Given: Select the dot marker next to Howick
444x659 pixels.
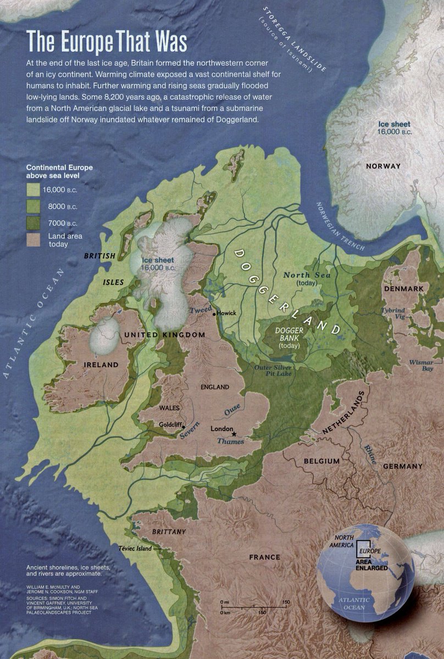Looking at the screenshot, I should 215,313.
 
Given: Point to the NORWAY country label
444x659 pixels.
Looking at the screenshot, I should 384,166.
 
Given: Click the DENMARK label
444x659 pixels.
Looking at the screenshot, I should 404,289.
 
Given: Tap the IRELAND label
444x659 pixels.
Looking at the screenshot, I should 101,365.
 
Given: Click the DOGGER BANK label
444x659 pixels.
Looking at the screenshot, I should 289,338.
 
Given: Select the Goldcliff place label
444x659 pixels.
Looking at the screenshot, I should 170,425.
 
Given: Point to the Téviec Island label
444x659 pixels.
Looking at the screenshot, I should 135,548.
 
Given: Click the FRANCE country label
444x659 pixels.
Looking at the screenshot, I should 264,557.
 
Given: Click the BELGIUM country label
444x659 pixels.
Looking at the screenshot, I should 321,461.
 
